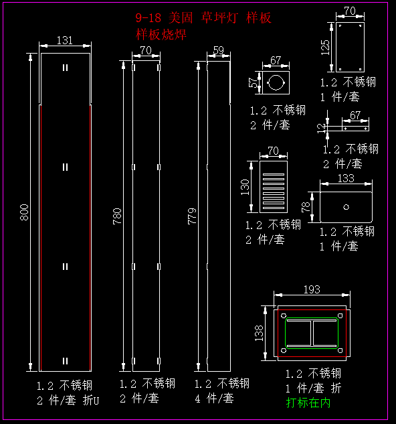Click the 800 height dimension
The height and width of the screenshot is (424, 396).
24,212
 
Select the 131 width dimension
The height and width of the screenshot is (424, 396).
65,41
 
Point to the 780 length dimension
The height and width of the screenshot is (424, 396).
117,216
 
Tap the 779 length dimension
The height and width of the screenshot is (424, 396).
192,216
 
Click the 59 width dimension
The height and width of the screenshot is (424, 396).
219,50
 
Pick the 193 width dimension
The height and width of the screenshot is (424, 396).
312,289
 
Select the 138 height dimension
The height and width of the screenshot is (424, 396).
259,333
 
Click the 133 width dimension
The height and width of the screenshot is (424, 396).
346,178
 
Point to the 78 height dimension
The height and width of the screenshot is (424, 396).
306,207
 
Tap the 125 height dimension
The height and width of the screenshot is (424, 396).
326,48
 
